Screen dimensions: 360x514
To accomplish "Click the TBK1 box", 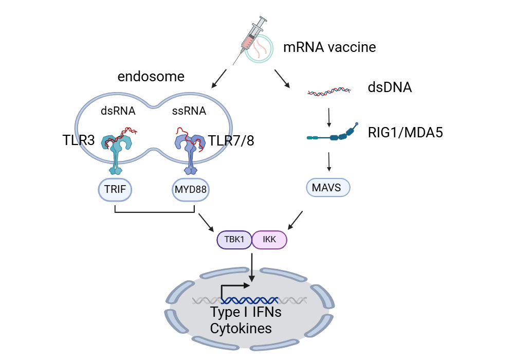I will (x=234, y=240).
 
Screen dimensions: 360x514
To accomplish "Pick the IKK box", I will (x=269, y=240).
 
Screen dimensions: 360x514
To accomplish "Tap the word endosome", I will (x=151, y=77).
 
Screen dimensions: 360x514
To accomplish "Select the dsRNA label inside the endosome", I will (x=118, y=111).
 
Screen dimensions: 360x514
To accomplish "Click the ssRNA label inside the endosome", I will (x=189, y=111).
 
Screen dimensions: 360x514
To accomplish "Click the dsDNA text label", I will (x=390, y=87).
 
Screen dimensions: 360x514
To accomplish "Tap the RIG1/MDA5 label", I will (x=405, y=133).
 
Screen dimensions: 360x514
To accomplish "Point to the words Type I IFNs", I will (x=246, y=313).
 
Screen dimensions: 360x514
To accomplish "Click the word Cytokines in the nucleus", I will (x=241, y=328).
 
